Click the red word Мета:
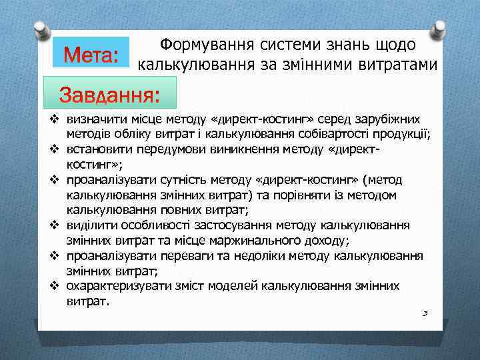(90, 53)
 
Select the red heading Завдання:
(109, 93)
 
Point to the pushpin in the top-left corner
(40, 31)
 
